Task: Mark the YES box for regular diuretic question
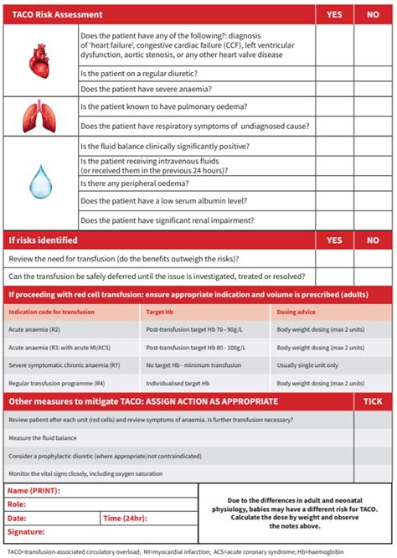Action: (x=334, y=74)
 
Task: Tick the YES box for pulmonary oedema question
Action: (x=334, y=106)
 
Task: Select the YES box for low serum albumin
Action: (x=334, y=201)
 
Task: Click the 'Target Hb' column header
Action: (x=160, y=312)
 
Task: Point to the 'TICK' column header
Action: (x=373, y=402)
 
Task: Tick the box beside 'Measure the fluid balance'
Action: (x=373, y=437)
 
